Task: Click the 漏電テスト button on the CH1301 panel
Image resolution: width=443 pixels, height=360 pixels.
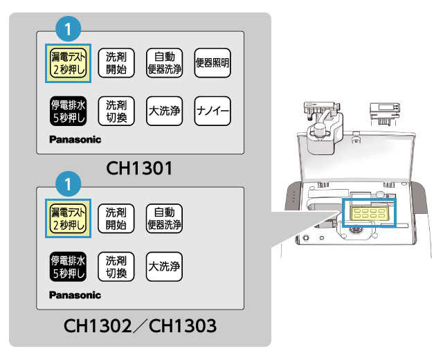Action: click(x=68, y=63)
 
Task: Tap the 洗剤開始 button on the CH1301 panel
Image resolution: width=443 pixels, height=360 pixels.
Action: click(x=116, y=63)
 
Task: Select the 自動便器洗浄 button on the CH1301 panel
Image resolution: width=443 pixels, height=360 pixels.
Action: click(x=165, y=63)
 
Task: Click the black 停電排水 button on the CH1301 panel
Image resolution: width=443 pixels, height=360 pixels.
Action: click(x=68, y=111)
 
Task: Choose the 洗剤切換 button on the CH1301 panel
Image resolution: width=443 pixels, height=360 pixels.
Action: click(x=116, y=111)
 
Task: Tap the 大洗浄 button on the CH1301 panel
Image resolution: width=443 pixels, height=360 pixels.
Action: click(x=165, y=111)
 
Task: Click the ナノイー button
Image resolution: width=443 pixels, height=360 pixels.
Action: click(x=213, y=111)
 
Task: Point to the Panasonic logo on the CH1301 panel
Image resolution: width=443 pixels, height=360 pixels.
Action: click(x=75, y=139)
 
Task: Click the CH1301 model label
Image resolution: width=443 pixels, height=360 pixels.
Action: click(x=139, y=168)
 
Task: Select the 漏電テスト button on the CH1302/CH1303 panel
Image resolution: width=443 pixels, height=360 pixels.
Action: click(x=68, y=217)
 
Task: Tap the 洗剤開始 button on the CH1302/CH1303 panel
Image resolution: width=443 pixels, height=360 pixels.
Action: click(x=116, y=217)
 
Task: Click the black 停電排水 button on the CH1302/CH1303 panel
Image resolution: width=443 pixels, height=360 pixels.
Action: click(x=68, y=267)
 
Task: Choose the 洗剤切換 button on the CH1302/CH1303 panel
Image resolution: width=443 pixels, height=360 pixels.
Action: click(x=116, y=267)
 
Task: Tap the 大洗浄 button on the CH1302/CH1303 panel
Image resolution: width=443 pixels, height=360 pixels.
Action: click(x=165, y=267)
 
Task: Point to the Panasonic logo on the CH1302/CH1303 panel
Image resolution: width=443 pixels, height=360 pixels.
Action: click(x=75, y=295)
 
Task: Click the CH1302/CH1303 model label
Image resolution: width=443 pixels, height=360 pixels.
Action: click(x=139, y=325)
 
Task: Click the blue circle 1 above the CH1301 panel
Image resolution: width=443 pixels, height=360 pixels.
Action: click(x=69, y=28)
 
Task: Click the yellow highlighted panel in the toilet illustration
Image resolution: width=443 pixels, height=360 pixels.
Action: click(x=369, y=213)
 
